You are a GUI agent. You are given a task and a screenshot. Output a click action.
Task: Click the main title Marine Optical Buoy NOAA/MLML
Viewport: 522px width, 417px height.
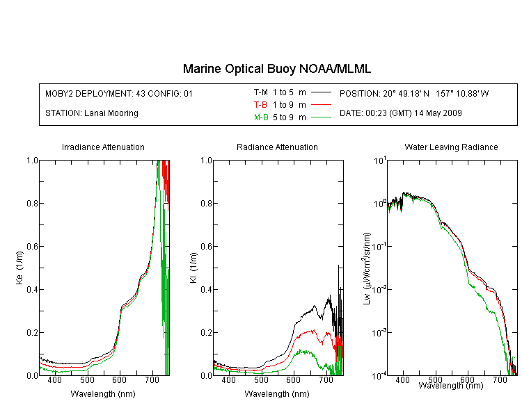click(276, 69)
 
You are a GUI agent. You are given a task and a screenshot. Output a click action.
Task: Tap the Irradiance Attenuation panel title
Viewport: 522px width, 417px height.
click(103, 147)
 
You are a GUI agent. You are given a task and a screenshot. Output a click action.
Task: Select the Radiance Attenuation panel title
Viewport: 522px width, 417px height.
click(277, 147)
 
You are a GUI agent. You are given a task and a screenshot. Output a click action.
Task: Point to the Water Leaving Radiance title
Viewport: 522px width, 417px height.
click(451, 147)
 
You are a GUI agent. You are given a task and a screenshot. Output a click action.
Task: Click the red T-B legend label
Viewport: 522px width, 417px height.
click(261, 105)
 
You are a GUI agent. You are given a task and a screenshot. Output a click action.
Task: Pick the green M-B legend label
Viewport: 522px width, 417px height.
click(261, 117)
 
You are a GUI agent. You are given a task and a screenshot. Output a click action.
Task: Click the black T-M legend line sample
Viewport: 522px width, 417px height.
click(322, 92)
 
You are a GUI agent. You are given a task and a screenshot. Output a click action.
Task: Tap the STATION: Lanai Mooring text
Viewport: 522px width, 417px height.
click(92, 113)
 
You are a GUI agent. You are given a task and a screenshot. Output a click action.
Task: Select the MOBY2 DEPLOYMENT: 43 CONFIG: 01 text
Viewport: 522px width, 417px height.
click(119, 93)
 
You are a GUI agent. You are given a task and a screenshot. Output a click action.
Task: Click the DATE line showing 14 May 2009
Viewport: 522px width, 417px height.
click(401, 113)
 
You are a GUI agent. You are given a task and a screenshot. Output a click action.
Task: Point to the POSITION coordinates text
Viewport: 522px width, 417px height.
click(414, 93)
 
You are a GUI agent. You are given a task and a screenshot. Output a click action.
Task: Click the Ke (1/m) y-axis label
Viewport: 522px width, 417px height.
click(19, 268)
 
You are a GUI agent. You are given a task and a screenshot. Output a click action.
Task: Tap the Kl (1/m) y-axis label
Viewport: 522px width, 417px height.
click(193, 268)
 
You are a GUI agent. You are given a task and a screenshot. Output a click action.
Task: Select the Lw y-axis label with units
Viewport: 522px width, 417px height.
click(367, 268)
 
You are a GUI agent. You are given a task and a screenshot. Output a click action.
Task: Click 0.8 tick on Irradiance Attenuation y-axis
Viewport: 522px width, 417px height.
click(32, 203)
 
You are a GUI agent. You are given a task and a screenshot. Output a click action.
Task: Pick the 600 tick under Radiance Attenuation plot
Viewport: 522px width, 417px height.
click(294, 379)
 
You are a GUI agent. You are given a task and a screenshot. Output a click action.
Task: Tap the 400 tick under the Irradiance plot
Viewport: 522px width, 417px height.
click(54, 379)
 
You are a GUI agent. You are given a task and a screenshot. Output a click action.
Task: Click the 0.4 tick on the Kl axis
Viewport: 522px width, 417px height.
click(207, 290)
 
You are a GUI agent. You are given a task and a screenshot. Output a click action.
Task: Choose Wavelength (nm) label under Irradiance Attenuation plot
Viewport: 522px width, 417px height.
click(103, 394)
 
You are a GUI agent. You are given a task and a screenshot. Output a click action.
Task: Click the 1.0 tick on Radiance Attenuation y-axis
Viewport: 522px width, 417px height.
click(207, 161)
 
